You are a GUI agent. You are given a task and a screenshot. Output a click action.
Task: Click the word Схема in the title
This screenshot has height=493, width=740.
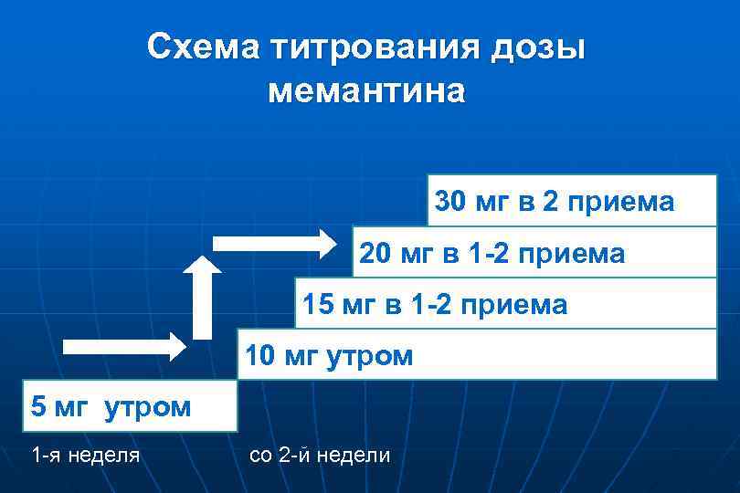click(x=202, y=47)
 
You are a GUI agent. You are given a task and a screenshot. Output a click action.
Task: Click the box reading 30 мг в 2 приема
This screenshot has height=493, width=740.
click(x=572, y=201)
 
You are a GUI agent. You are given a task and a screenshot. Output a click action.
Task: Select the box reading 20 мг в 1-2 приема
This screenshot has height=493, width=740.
click(x=534, y=253)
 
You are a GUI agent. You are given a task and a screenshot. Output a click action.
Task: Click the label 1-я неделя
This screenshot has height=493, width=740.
click(x=85, y=454)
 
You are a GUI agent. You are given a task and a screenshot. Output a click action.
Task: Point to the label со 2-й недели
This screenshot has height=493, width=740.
click(x=320, y=454)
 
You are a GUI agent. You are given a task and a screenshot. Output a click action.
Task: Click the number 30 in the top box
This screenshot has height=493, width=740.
click(x=450, y=201)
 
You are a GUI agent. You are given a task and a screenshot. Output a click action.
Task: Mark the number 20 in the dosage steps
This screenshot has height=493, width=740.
click(x=375, y=253)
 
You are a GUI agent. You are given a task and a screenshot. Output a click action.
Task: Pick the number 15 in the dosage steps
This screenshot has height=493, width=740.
click(x=318, y=304)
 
